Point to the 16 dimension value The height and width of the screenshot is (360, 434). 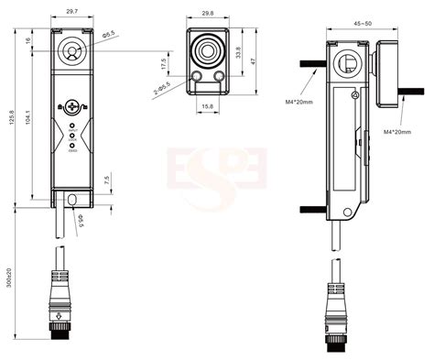(x=30, y=41)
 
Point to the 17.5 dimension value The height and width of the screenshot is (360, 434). (x=163, y=65)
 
